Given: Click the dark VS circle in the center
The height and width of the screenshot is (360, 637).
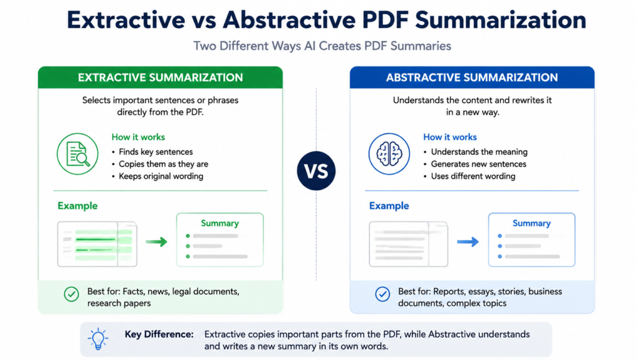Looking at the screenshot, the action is pyautogui.click(x=316, y=170).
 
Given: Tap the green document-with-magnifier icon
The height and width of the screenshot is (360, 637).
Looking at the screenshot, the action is pyautogui.click(x=78, y=154).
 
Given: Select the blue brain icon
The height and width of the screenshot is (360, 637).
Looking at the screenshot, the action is pyautogui.click(x=389, y=154).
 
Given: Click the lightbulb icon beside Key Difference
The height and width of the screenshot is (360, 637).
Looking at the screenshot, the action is pyautogui.click(x=98, y=339).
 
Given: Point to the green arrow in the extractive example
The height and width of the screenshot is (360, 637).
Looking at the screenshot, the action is pyautogui.click(x=156, y=242).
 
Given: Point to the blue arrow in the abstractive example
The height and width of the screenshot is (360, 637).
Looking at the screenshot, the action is pyautogui.click(x=468, y=242).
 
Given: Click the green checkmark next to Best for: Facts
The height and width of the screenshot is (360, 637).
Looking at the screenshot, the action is pyautogui.click(x=72, y=294).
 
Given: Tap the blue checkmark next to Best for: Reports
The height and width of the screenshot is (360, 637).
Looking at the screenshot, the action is pyautogui.click(x=383, y=294).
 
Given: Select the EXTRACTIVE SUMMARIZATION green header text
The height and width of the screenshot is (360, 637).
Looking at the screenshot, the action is pyautogui.click(x=160, y=78).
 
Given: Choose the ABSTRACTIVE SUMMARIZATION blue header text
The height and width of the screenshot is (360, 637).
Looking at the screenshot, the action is pyautogui.click(x=472, y=78).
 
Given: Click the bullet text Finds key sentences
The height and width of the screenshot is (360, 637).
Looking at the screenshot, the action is pyautogui.click(x=156, y=152).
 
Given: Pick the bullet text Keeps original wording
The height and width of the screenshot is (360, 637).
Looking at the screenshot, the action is pyautogui.click(x=161, y=176).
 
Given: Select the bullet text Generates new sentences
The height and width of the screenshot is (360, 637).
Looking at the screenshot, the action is pyautogui.click(x=478, y=164).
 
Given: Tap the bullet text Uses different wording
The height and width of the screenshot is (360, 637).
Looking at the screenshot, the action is pyautogui.click(x=473, y=176).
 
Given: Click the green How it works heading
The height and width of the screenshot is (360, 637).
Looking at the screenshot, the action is pyautogui.click(x=138, y=137).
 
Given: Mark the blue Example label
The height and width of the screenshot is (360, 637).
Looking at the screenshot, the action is pyautogui.click(x=389, y=206).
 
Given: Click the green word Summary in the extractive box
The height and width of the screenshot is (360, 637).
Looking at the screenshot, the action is pyautogui.click(x=220, y=223).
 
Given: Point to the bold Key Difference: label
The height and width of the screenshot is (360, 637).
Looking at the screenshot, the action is pyautogui.click(x=159, y=334).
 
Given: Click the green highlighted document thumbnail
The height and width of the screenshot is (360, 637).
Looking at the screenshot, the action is pyautogui.click(x=97, y=244).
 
